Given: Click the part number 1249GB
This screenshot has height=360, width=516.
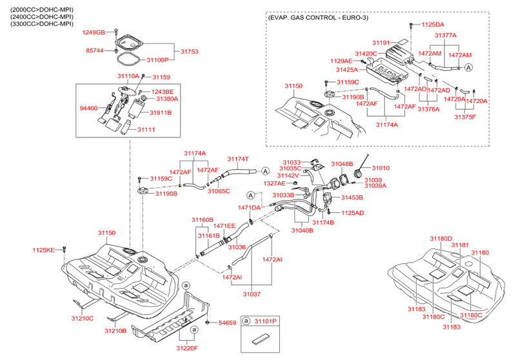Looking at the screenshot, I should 92,32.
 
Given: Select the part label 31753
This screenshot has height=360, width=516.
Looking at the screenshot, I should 189,51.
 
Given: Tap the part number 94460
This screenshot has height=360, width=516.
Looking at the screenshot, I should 88,109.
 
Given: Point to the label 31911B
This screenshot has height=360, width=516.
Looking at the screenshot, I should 160,112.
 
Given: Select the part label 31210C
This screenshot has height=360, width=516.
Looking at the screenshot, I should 82,318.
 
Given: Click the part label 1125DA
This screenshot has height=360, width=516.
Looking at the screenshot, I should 433,25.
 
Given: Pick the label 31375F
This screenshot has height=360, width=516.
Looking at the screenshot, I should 466,117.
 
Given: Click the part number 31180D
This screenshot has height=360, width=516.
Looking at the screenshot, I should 442,238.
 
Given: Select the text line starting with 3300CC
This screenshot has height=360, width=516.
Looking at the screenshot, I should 38,24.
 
